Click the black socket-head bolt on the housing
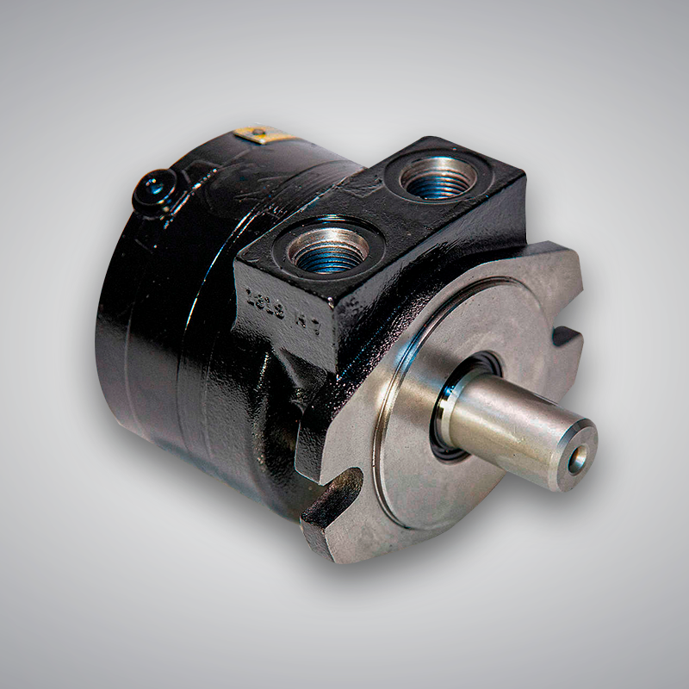[x=155, y=188]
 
